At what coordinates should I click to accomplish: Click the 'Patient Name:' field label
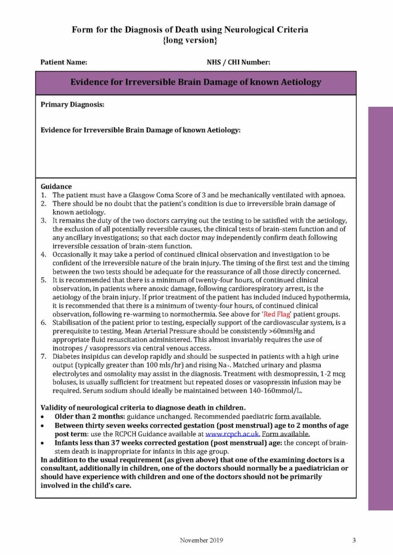coord(64,62)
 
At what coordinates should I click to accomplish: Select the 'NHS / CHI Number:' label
coord(239,62)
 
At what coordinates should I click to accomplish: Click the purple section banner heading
coord(196,82)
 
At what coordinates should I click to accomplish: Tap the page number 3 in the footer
coord(353,540)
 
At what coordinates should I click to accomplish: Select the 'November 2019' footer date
coord(201,540)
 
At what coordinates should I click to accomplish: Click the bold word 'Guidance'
coord(56,186)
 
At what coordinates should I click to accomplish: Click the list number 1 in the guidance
coord(43,195)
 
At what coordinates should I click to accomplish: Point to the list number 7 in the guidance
coord(43,357)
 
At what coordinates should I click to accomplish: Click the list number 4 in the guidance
coord(43,254)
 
